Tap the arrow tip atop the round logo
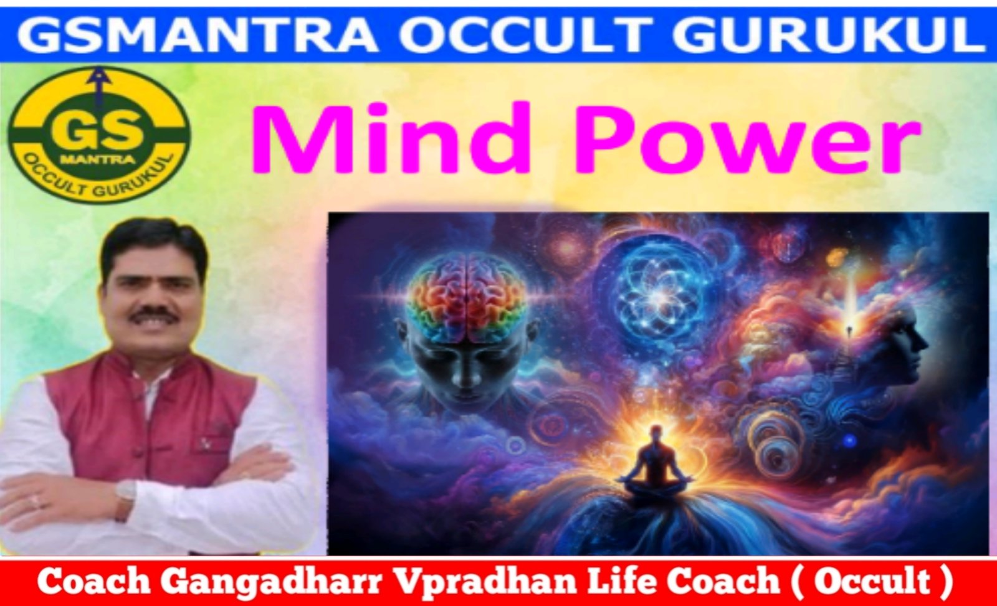click(x=93, y=70)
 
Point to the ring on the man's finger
click(x=36, y=502)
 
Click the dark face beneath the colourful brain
click(x=463, y=369)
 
